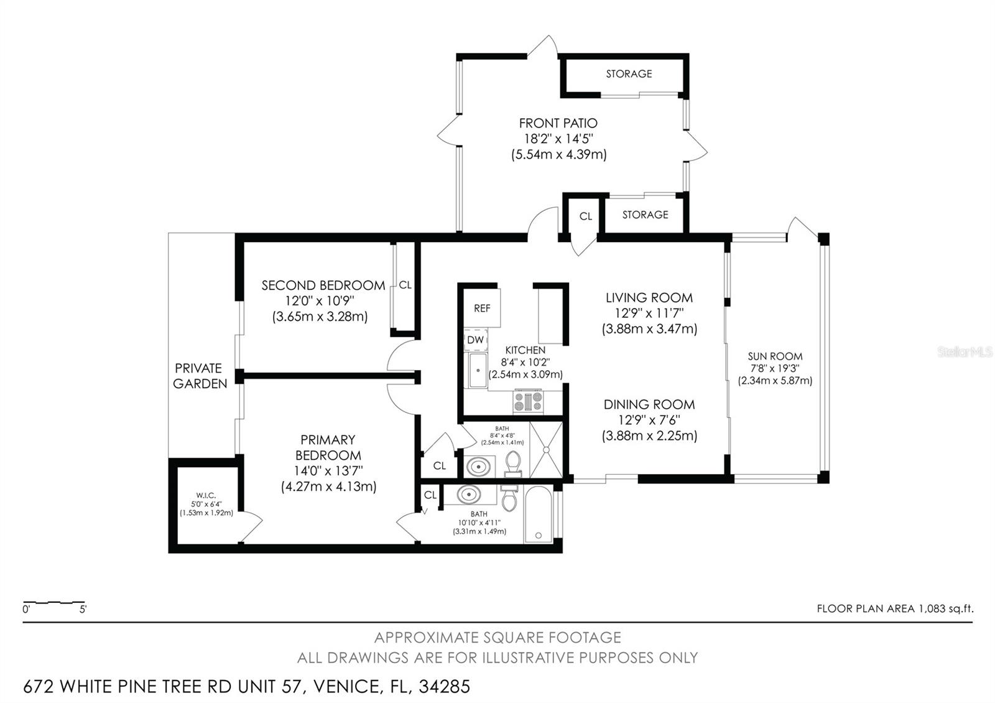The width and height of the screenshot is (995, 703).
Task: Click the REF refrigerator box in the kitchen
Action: [482, 308]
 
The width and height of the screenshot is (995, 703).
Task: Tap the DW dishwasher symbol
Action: [475, 340]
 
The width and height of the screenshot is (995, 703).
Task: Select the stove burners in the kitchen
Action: [528, 402]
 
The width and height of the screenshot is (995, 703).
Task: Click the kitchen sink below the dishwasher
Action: [478, 371]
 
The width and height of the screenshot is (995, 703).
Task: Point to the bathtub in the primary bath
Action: [539, 515]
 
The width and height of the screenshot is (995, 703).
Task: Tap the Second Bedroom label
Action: [323, 286]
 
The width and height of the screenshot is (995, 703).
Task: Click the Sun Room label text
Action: [775, 356]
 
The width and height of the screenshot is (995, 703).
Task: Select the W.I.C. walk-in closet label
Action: [206, 496]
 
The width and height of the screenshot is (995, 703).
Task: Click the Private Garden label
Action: [200, 376]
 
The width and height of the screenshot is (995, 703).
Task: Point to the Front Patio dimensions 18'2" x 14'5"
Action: [558, 139]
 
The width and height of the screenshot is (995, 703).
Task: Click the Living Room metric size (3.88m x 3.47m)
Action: [649, 329]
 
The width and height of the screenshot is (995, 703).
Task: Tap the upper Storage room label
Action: [629, 74]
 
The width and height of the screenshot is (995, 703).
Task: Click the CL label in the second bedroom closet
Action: [405, 285]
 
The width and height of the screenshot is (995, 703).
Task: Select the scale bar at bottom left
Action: [54, 602]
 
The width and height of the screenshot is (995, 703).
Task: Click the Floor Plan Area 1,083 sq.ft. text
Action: [895, 608]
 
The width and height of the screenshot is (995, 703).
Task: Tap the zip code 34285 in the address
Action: [445, 687]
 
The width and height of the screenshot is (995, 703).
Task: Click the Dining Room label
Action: [649, 404]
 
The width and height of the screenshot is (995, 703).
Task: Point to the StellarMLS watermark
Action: [965, 352]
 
